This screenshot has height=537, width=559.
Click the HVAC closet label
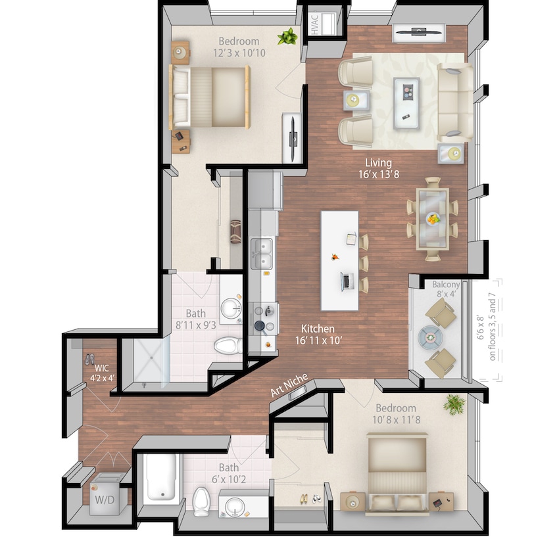[315, 25]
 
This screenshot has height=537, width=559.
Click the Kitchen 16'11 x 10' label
[318, 334]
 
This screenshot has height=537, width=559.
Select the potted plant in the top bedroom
[287, 37]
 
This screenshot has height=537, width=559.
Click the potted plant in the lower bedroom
[453, 403]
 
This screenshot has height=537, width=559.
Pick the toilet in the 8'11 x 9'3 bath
[228, 344]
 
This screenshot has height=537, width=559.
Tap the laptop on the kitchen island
[345, 281]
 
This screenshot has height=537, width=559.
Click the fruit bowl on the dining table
[433, 219]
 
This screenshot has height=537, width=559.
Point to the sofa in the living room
[454, 102]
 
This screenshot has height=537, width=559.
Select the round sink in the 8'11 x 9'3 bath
[230, 308]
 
